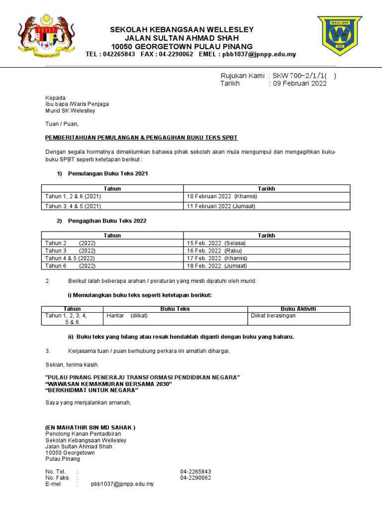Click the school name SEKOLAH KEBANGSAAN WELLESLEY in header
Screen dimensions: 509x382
point(182,30)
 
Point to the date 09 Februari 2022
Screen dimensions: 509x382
point(298,84)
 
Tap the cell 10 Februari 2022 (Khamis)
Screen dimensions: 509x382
point(222,196)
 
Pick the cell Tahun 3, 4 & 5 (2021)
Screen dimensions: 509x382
point(74,206)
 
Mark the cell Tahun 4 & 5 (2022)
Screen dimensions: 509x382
point(70,258)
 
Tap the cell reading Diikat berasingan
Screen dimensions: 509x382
point(273,316)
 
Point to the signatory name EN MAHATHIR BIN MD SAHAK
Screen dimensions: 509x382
point(90,427)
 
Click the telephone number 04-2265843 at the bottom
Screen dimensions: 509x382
point(195,471)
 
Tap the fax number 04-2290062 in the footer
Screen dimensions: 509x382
point(195,478)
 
